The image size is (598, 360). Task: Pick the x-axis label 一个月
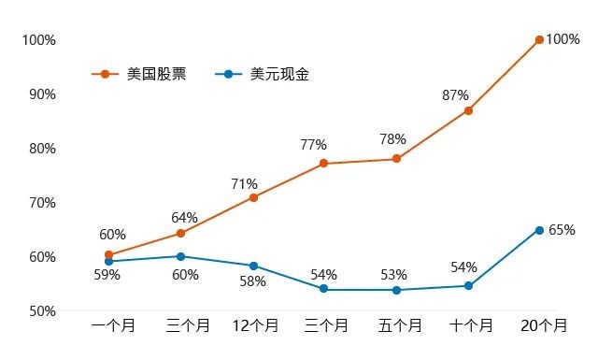(113, 326)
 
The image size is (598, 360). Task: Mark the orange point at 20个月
(539, 39)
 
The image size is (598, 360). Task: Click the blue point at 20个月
(539, 230)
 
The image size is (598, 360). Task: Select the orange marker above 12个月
(253, 197)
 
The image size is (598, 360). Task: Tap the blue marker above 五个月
(396, 290)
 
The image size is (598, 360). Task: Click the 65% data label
(562, 230)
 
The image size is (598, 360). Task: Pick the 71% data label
(244, 183)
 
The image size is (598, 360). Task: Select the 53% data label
(394, 274)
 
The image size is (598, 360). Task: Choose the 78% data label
(392, 139)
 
